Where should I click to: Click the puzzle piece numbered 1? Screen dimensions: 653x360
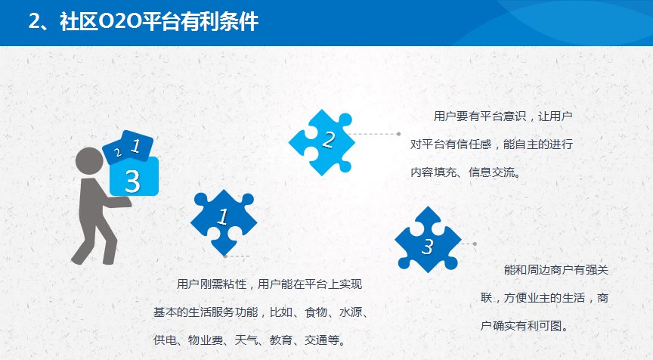(x=224, y=222)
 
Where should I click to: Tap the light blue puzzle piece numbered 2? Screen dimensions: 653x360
(x=321, y=142)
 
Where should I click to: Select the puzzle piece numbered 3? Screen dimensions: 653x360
(x=428, y=240)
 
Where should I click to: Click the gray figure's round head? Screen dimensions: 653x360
(x=89, y=161)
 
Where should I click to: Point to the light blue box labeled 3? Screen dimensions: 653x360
(x=134, y=176)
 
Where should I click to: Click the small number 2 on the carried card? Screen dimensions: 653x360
(x=118, y=153)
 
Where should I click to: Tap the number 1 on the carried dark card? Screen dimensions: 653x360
(x=135, y=146)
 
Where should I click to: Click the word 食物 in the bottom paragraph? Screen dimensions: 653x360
(x=316, y=312)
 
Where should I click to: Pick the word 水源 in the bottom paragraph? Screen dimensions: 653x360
(x=351, y=312)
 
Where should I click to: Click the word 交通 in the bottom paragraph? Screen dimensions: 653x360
(x=316, y=340)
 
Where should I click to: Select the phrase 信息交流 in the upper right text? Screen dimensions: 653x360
(x=492, y=172)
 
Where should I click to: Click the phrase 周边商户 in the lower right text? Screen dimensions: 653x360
(x=550, y=270)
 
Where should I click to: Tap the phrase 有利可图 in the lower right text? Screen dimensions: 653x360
(x=539, y=326)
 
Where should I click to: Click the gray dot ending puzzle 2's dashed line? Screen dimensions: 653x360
(x=398, y=134)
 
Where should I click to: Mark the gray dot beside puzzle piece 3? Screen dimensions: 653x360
(x=475, y=244)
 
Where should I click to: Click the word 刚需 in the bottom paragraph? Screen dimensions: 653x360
(x=212, y=284)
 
